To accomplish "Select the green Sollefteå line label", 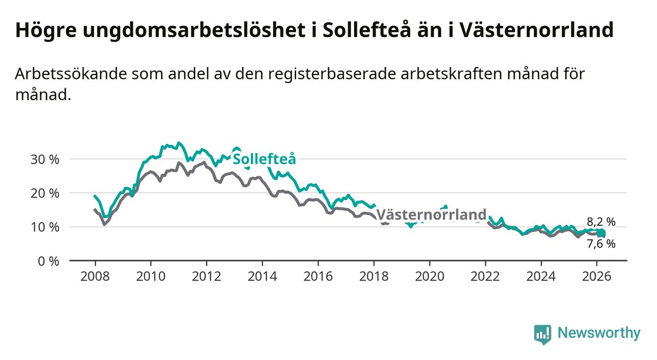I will [x=264, y=159].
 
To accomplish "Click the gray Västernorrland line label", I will [x=431, y=215].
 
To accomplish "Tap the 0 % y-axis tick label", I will [x=48, y=261].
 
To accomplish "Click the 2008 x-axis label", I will [x=95, y=276].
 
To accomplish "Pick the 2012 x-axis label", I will [x=206, y=276].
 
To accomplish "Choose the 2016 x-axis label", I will [x=318, y=276].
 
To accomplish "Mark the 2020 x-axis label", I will [x=430, y=276].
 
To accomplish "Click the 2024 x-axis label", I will [x=541, y=276].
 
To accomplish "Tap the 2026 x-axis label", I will [x=597, y=276].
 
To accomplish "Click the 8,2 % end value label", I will [x=601, y=222].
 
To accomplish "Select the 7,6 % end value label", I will [x=601, y=244].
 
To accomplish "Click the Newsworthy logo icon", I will [x=542, y=334].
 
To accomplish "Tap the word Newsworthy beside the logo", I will [x=599, y=334].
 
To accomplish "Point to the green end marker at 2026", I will [x=601, y=233].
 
